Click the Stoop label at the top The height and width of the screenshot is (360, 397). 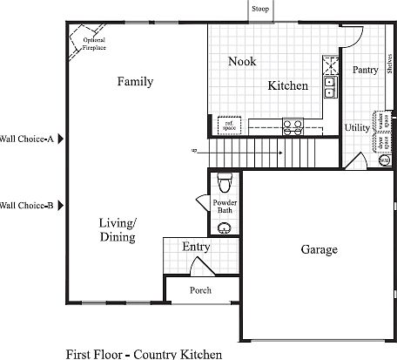[259, 9]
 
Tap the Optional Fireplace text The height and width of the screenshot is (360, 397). [95, 44]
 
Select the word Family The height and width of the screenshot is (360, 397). [135, 82]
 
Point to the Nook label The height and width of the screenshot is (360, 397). [242, 61]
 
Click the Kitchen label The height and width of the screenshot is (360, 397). [287, 86]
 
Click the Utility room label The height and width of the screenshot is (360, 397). [357, 128]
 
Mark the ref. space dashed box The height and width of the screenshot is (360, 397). [230, 124]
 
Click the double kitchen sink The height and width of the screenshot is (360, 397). [331, 85]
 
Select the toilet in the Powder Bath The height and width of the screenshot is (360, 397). [225, 182]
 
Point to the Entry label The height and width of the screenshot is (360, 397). [196, 248]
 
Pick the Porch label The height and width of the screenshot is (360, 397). [201, 290]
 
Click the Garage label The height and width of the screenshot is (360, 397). [320, 250]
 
